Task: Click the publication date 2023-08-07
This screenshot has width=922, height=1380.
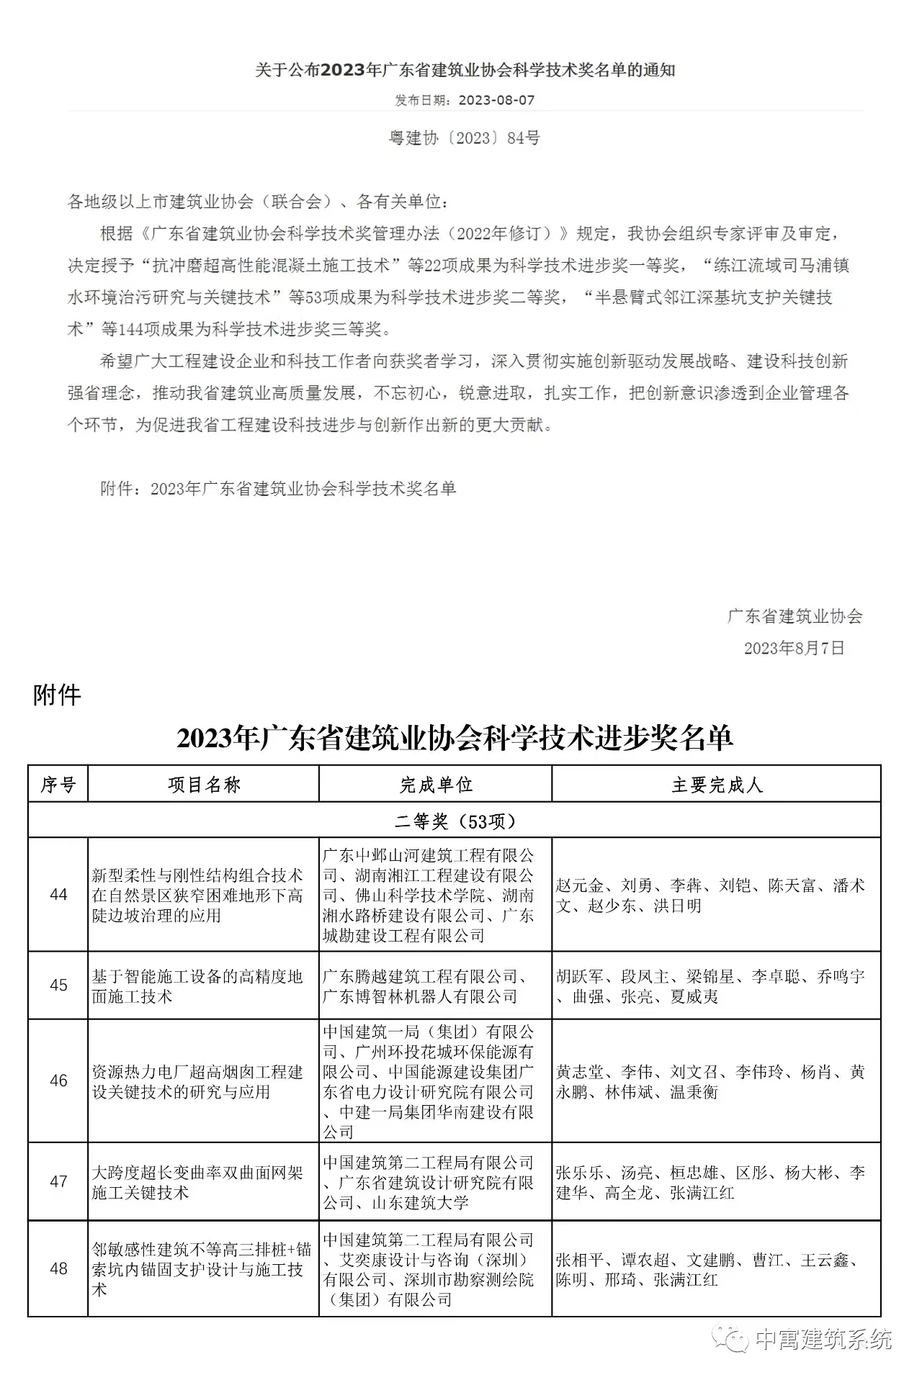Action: click(x=496, y=100)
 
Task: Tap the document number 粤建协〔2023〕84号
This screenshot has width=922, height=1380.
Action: click(x=465, y=137)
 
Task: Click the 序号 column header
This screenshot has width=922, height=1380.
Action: click(x=58, y=784)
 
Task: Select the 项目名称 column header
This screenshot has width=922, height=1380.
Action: click(x=204, y=784)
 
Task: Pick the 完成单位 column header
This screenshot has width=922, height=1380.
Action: click(x=436, y=784)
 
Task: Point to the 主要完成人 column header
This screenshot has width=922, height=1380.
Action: click(x=716, y=784)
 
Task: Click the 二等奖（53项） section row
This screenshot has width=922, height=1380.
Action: click(x=455, y=821)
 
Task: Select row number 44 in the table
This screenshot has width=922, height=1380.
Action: click(x=58, y=895)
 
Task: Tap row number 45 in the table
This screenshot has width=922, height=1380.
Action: click(x=58, y=985)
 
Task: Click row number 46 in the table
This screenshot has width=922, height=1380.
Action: click(x=58, y=1081)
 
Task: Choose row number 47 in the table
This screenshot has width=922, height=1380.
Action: click(x=58, y=1181)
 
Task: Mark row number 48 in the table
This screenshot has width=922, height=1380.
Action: click(x=58, y=1268)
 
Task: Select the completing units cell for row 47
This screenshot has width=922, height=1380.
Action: click(x=429, y=1182)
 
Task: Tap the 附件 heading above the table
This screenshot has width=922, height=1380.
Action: click(x=57, y=695)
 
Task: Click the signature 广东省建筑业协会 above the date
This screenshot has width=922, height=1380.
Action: click(x=795, y=616)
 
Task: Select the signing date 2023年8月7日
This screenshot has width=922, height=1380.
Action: click(x=794, y=648)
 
